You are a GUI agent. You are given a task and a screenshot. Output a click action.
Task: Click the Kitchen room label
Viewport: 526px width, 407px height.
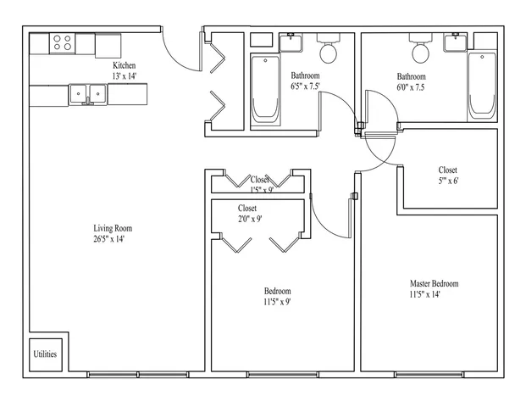(x=125, y=65)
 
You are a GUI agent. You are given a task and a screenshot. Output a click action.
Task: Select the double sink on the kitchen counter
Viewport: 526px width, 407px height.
(x=88, y=93)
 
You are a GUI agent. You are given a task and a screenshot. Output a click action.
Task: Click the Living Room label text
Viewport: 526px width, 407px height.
(x=113, y=228)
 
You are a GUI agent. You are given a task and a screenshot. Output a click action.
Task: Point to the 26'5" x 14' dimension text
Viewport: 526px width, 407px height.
(x=113, y=239)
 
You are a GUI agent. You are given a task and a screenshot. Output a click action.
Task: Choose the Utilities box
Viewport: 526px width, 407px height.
(x=45, y=354)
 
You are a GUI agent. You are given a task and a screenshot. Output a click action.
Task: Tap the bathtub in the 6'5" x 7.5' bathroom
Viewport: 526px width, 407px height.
(x=263, y=88)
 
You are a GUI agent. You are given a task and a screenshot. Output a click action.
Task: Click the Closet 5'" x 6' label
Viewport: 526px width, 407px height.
(x=448, y=170)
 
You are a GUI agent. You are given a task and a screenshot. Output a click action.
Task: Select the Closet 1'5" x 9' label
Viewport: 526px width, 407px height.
(x=260, y=180)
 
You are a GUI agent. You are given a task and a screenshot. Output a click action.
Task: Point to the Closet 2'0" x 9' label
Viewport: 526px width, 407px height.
(x=248, y=208)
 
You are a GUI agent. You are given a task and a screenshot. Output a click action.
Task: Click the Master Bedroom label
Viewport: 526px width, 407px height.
(x=434, y=283)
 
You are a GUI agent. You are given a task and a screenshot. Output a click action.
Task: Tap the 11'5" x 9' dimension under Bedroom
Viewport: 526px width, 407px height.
(x=278, y=302)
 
